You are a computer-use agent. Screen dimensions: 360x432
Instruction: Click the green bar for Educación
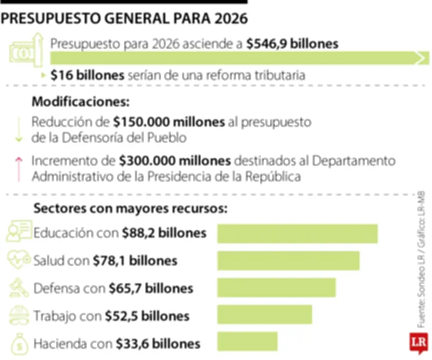pyautogui.click(x=297, y=234)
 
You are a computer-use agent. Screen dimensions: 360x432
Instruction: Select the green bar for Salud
pyautogui.click(x=288, y=261)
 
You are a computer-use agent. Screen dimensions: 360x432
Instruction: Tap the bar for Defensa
pyautogui.click(x=276, y=288)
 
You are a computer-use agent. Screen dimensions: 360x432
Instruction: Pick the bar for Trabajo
pyautogui.click(x=265, y=315)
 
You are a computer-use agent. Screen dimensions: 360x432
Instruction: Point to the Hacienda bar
pyautogui.click(x=247, y=342)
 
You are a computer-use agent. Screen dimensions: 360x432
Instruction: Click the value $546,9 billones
pyautogui.click(x=292, y=44)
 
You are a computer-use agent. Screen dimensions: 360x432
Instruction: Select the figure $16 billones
pyautogui.click(x=88, y=75)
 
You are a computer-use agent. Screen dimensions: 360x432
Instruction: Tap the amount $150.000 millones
pyautogui.click(x=170, y=122)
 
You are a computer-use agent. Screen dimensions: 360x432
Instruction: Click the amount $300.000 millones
pyautogui.click(x=175, y=161)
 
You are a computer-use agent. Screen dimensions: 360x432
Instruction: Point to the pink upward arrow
pyautogui.click(x=19, y=168)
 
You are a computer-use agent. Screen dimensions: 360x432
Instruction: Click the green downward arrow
pyautogui.click(x=19, y=130)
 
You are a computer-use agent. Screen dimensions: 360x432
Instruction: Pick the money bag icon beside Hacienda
pyautogui.click(x=18, y=342)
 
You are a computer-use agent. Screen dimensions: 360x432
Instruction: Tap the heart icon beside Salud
pyautogui.click(x=18, y=261)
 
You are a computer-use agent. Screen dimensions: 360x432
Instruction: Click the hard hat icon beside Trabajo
pyautogui.click(x=18, y=315)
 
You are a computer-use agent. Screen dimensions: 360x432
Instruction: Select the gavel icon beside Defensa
pyautogui.click(x=18, y=288)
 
